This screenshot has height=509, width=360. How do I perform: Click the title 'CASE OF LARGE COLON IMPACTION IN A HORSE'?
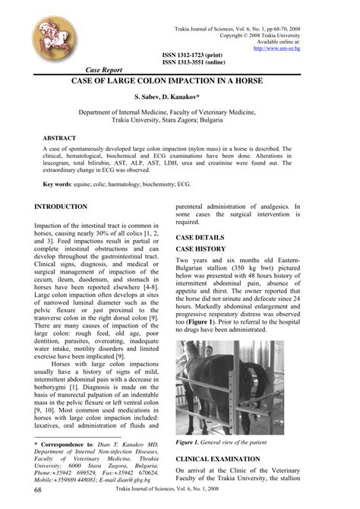coord(179,79)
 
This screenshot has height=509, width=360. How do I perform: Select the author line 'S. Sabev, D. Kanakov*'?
coord(179,98)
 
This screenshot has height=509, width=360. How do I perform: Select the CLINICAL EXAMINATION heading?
coord(229,460)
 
